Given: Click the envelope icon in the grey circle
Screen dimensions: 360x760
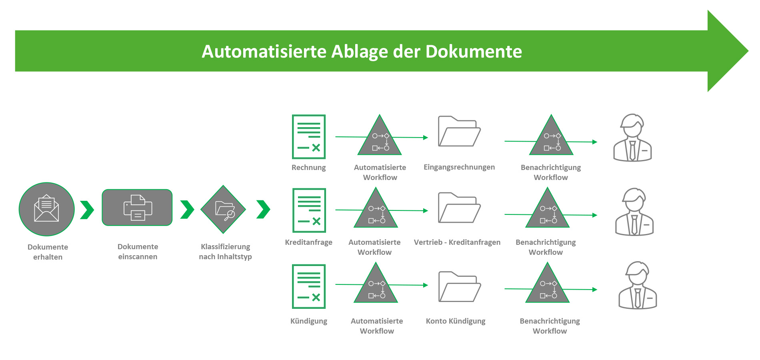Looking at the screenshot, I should coord(46,209).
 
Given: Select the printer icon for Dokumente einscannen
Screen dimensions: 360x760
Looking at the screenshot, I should coord(137,208).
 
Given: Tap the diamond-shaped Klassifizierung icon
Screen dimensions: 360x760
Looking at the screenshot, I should coord(223,209).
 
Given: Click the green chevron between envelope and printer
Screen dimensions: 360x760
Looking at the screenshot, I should coord(87,210).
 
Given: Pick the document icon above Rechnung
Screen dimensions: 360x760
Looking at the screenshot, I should coord(309,137).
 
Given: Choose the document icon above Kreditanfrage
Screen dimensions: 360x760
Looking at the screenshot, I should coord(309,210).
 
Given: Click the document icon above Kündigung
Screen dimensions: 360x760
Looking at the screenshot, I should coord(309,286).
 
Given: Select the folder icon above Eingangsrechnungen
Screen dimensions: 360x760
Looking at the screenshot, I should coord(459,132).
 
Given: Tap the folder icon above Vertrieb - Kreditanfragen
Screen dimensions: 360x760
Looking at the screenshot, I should coord(459,208).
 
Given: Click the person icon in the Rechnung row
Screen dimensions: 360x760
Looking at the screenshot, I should coord(632,138).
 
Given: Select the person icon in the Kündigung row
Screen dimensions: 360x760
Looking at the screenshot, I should coord(638,285).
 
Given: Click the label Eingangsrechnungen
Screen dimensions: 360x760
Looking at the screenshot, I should coord(459,167).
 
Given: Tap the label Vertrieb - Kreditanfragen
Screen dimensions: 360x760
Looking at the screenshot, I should coord(457,242).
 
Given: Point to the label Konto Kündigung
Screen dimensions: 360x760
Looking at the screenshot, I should coord(456,321).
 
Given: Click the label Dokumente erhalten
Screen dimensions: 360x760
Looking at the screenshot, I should coord(48,252).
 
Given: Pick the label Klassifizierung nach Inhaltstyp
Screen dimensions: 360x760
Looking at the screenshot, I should coord(225,252).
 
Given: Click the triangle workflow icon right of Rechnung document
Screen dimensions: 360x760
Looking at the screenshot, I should coord(380,138).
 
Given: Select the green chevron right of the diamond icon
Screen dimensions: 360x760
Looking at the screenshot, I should coord(263,210).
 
